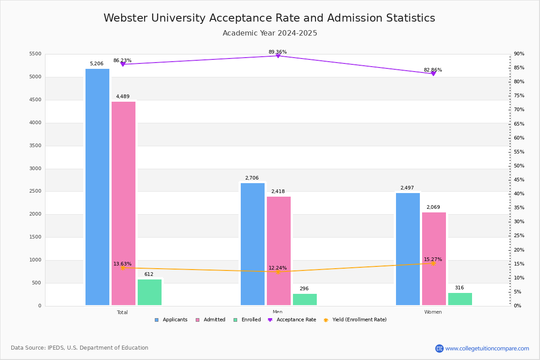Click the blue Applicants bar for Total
97,187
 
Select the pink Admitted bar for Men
279,251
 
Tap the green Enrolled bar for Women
460,299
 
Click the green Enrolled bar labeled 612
149,292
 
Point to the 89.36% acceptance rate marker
278,56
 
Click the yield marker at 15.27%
433,263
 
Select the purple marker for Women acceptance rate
433,74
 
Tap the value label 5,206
97,64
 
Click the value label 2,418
278,192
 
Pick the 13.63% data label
122,264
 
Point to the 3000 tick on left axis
35,169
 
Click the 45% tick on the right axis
519,180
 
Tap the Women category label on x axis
433,312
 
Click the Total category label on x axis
122,312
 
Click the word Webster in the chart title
124,18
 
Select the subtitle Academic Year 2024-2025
270,33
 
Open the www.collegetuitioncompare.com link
487,348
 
